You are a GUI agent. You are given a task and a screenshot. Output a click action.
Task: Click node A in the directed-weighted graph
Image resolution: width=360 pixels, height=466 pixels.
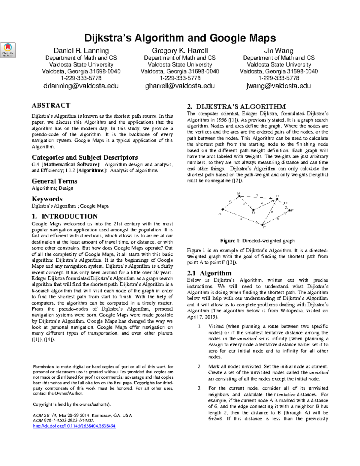pos(223,209)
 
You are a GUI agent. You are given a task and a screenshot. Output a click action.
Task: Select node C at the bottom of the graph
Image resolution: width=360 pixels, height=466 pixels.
pos(262,224)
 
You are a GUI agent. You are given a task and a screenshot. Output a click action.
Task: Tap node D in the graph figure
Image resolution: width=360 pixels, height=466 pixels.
pos(253,210)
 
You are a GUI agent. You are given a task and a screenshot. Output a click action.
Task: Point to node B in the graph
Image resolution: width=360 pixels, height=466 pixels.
pos(239,196)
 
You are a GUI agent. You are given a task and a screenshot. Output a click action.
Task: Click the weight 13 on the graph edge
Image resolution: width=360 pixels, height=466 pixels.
pos(285,203)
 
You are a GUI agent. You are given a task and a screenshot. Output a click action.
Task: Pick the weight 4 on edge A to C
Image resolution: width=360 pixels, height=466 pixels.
pos(241,219)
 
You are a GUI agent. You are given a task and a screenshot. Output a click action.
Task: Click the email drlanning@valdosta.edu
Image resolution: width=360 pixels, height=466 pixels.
pos(81,86)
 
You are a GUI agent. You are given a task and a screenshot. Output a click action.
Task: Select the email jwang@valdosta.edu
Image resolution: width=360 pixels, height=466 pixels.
pos(278,86)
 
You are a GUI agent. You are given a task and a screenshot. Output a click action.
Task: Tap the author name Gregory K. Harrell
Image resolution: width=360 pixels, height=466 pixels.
pos(180,51)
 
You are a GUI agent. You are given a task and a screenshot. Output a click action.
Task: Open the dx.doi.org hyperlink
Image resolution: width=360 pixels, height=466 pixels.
pos(74,426)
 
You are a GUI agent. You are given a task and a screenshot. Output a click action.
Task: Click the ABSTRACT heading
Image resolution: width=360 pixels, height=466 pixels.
pos(51,105)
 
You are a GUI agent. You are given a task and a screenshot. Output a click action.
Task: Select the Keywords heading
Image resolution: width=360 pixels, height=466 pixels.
pos(47,199)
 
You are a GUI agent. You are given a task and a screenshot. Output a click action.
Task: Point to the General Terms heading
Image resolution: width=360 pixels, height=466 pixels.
pos(54,181)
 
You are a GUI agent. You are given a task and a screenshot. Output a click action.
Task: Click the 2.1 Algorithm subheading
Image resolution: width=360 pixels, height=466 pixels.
pos(209,273)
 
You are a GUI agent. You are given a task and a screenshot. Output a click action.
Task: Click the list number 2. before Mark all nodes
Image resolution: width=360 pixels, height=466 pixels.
pos(200,366)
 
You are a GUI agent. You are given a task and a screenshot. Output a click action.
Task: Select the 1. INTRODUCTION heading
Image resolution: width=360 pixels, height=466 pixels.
pos(64,216)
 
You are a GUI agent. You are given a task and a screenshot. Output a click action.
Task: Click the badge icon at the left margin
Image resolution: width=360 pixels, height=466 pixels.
pos(8,50)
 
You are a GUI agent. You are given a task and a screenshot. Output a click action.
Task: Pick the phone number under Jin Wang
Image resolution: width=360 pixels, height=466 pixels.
pos(278,78)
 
